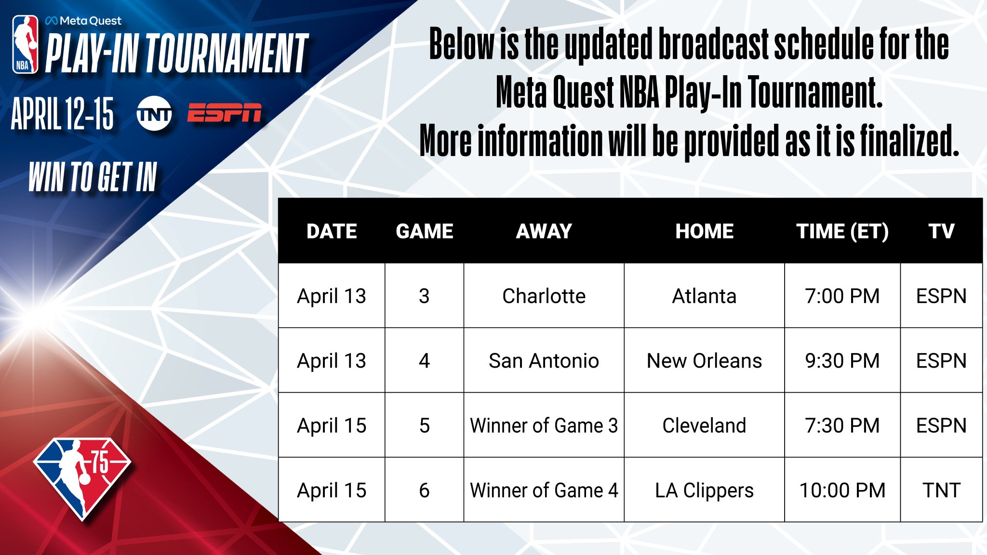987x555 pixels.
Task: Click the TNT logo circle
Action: click(154, 114)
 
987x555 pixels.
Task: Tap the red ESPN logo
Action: click(224, 113)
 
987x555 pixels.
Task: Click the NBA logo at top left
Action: click(25, 44)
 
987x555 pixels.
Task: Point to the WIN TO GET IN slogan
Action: click(93, 177)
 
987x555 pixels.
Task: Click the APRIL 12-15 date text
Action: click(63, 114)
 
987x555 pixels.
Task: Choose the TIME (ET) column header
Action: click(842, 231)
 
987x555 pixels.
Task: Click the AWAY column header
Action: click(544, 231)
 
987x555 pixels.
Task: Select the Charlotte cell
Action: click(544, 296)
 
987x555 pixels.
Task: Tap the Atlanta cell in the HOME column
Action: click(704, 296)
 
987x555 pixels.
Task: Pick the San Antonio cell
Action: click(544, 360)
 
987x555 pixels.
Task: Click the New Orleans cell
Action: click(704, 360)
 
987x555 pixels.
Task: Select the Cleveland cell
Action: click(704, 425)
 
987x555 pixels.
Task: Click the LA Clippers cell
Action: click(704, 490)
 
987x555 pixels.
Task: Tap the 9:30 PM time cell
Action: click(842, 360)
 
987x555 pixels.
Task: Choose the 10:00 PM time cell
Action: click(842, 490)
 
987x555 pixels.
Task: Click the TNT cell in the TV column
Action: click(941, 490)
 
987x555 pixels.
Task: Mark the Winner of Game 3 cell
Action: click(544, 425)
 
